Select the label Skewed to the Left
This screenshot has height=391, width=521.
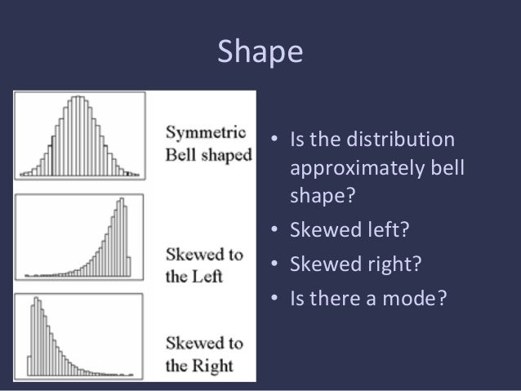pos(205,264)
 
